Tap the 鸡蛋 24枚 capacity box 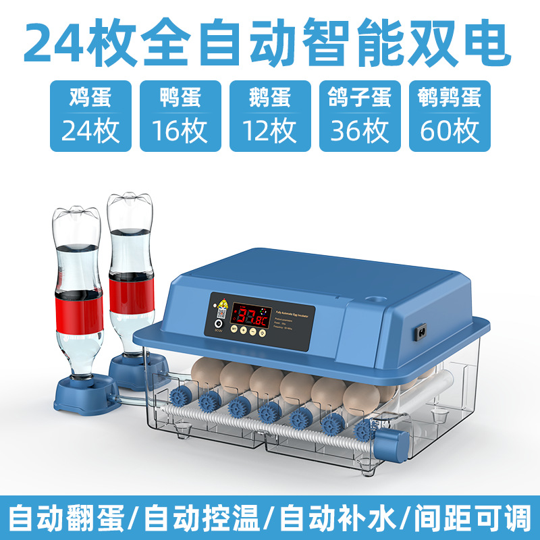coord(90,116)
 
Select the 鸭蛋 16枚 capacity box coord(180,116)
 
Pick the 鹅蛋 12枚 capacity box coord(270,116)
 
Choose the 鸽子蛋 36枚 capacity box coord(360,116)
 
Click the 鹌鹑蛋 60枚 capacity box coord(450,116)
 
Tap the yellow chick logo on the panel coord(221,302)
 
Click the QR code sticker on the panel coord(221,315)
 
